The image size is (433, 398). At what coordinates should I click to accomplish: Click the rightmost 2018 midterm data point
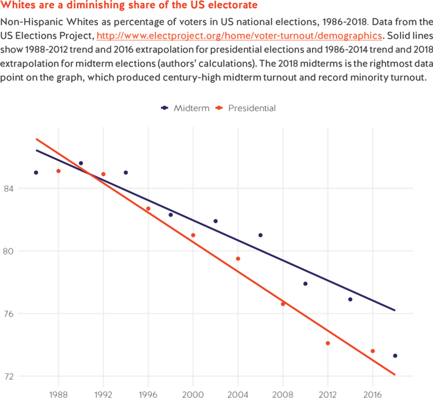click(x=395, y=356)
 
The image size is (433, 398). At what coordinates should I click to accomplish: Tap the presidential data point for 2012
click(x=328, y=343)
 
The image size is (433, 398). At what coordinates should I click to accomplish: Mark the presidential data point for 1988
click(x=58, y=171)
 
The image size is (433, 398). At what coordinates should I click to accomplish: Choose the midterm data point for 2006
click(x=261, y=235)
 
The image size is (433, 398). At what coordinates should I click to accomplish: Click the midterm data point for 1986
click(x=36, y=173)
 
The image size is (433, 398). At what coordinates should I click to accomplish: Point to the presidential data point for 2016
click(x=372, y=351)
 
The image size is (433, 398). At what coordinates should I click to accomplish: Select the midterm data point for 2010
click(x=305, y=284)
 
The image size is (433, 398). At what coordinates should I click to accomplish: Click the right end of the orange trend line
click(x=395, y=375)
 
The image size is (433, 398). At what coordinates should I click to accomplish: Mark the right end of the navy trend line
click(x=395, y=310)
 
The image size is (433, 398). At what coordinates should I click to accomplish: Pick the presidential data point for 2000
click(x=193, y=235)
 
